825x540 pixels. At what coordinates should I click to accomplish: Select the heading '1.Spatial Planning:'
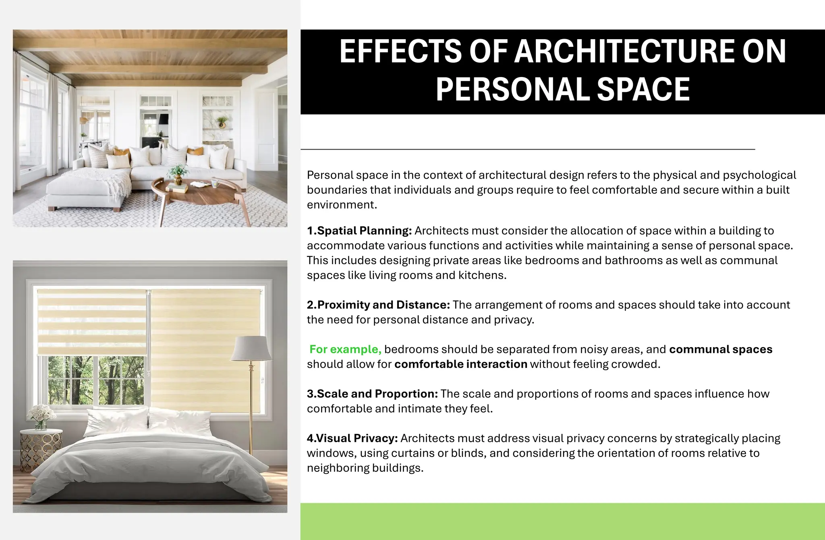coord(359,231)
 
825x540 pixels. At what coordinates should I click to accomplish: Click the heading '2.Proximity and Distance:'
coord(378,305)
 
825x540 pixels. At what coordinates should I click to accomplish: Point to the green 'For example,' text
coord(345,349)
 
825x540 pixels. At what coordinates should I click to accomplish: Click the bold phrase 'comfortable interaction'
coord(460,364)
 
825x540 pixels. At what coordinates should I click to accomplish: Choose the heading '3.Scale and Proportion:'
coord(372,394)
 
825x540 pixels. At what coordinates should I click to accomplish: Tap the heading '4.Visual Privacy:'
coord(352,438)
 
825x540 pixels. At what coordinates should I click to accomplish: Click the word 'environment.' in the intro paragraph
coord(342,205)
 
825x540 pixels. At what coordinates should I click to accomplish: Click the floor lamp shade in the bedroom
coord(251,349)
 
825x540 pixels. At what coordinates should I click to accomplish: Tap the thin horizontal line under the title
coord(527,149)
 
